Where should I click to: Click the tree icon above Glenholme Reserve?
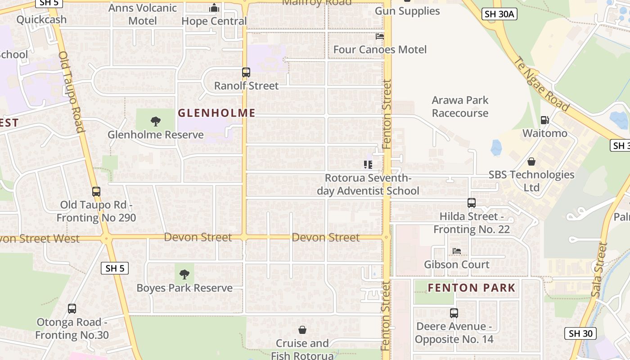[x=156, y=121]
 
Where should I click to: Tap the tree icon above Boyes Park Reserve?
[x=184, y=274]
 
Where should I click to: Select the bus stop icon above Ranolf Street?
[x=246, y=72]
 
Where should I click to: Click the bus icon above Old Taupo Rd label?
[x=96, y=192]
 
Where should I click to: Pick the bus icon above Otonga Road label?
[x=72, y=309]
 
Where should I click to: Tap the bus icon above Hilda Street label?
[x=471, y=203]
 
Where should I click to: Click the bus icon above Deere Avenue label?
[x=454, y=313]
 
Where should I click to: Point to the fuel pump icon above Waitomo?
[x=544, y=120]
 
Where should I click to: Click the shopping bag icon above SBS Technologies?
[x=531, y=161]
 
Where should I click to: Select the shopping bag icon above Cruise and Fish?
[x=302, y=330]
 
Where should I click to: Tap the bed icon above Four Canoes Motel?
[x=380, y=36]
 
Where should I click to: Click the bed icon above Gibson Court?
[x=457, y=251]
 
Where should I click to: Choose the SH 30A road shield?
[x=499, y=14]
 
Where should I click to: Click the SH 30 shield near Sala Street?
[x=580, y=333]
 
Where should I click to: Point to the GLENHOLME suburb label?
[x=216, y=113]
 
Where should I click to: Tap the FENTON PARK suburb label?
[x=471, y=288]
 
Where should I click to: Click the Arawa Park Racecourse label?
[x=460, y=107]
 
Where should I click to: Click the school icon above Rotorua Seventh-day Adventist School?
[x=368, y=165]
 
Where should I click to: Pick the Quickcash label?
[x=41, y=19]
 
